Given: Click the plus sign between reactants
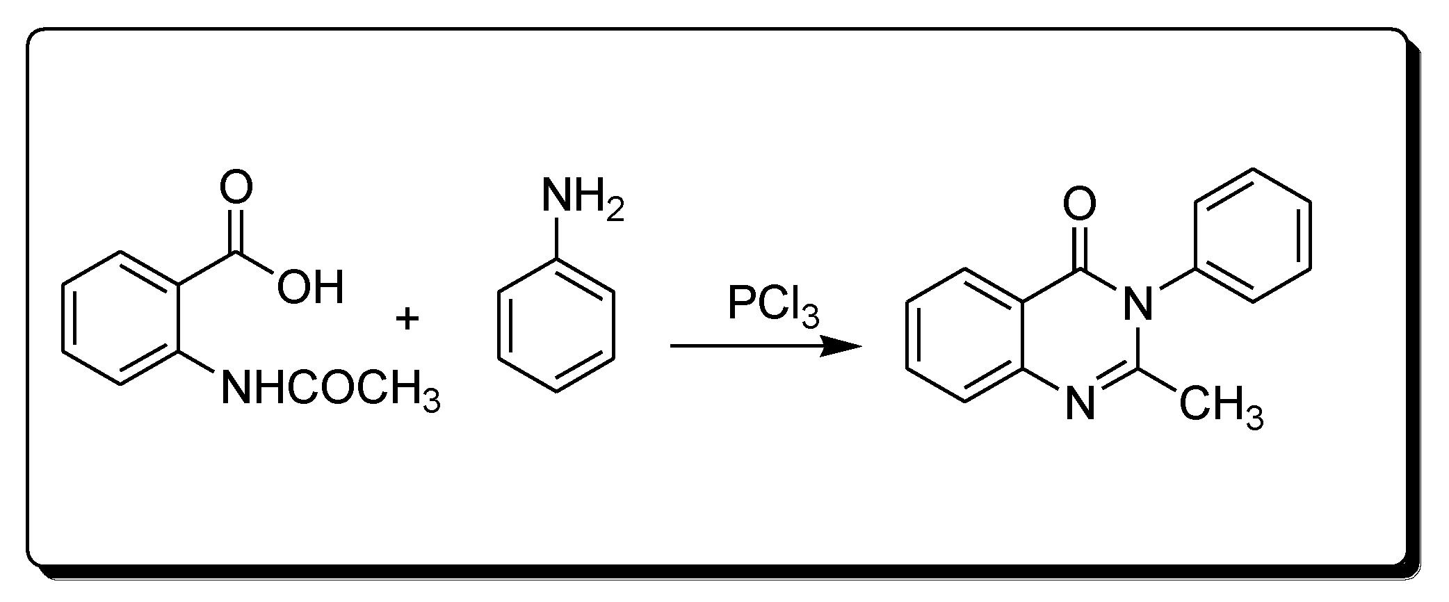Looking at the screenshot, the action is (407, 320).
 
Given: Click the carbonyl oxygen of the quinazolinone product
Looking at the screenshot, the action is (1080, 204).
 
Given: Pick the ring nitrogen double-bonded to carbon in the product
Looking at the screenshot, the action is (1080, 403).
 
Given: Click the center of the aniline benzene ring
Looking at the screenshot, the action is (556, 325).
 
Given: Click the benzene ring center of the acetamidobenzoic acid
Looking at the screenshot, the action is (122, 318).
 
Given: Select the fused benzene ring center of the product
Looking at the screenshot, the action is (965, 335).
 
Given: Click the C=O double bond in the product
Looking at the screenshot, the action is (1080, 245).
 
